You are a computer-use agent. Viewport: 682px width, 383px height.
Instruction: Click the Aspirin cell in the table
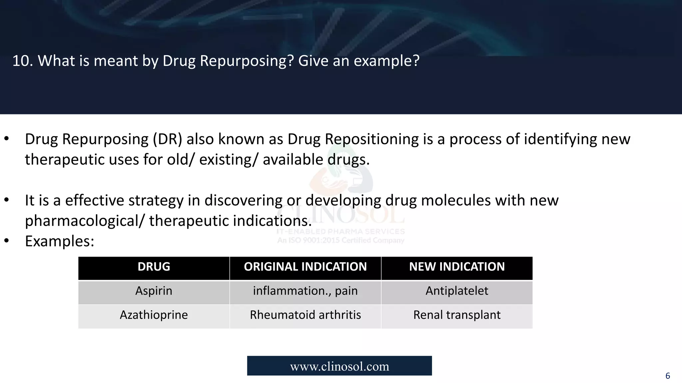point(154,291)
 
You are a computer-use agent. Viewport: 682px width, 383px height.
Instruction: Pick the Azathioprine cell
point(154,315)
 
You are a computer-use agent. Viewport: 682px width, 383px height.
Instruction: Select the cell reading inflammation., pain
point(305,291)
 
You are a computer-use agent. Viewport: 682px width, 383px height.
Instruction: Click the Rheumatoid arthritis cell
point(305,315)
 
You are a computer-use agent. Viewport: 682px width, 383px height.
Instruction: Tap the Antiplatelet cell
point(457,291)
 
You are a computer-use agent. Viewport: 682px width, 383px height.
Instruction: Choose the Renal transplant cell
point(457,315)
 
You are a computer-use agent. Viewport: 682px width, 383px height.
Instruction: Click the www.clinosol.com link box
point(339,366)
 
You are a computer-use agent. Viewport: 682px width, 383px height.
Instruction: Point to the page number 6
point(667,376)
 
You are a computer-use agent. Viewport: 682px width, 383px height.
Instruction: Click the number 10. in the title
point(23,61)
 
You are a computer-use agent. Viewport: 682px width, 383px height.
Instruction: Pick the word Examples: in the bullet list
point(60,241)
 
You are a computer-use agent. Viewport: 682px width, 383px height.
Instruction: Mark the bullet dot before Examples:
point(6,241)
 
